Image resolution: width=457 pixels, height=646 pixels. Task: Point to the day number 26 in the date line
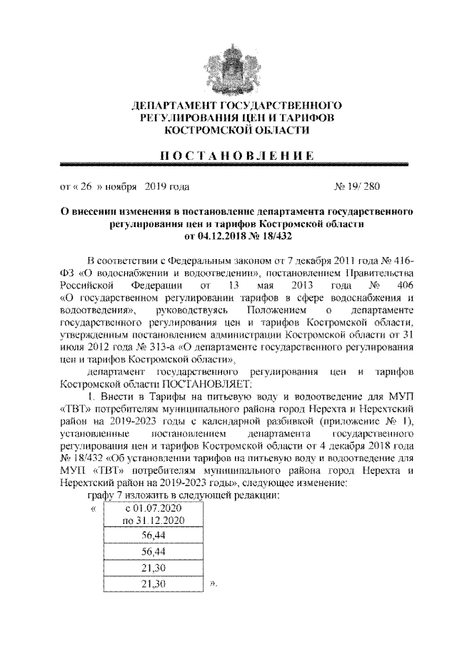pyautogui.click(x=84, y=188)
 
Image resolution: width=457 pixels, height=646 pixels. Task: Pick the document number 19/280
pyautogui.click(x=363, y=188)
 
